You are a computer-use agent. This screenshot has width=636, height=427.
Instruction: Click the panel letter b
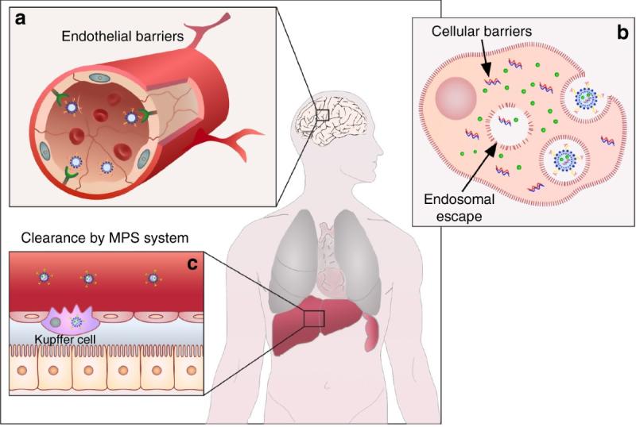click(x=622, y=35)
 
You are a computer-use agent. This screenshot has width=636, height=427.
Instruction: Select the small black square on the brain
click(x=322, y=115)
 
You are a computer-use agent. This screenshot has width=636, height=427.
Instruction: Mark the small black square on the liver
click(x=315, y=317)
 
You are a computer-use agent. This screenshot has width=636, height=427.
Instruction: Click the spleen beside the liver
click(x=370, y=331)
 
